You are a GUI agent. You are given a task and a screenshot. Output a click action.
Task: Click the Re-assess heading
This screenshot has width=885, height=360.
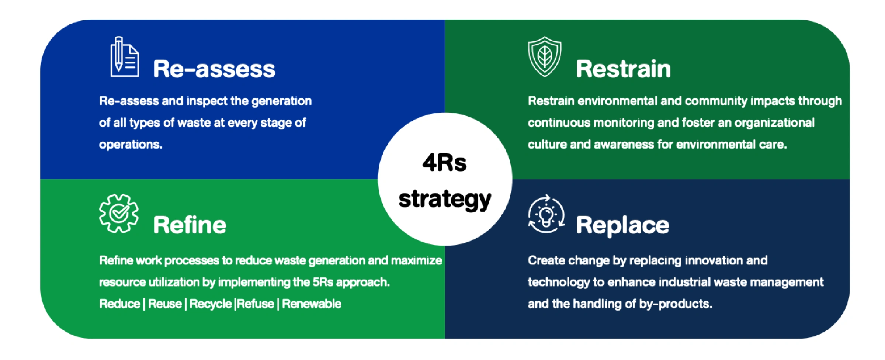[214, 69]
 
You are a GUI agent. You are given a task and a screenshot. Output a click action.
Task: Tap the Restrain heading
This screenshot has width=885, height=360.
[623, 69]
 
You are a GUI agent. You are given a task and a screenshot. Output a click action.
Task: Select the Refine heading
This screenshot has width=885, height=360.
[190, 225]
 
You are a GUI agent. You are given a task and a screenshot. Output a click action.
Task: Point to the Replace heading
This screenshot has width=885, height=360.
[622, 225]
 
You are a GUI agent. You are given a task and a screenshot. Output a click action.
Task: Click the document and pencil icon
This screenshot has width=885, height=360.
[125, 56]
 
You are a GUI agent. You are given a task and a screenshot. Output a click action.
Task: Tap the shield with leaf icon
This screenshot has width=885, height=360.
[545, 56]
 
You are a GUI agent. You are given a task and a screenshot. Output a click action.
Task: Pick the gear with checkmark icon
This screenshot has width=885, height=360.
[119, 214]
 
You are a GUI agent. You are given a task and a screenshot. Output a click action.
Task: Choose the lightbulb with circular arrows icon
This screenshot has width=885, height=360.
[546, 214]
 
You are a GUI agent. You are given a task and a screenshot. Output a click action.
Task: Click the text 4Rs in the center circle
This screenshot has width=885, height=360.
[445, 163]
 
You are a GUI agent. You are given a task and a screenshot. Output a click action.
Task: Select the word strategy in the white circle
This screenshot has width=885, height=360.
[445, 200]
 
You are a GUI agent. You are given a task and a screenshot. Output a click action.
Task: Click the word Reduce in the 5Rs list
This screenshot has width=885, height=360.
[120, 304]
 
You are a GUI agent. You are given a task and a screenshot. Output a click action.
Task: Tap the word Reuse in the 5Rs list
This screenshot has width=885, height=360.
[165, 304]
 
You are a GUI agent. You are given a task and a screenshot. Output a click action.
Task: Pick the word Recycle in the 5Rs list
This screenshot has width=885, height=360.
[211, 304]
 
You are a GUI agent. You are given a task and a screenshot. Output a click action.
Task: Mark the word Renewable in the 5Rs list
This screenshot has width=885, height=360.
[312, 304]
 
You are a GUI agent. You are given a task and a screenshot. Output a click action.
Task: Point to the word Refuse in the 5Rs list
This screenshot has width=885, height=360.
[256, 304]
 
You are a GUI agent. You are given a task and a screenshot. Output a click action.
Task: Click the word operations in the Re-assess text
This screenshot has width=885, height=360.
[131, 145]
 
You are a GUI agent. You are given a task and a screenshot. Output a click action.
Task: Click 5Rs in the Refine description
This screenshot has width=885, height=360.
[323, 282]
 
